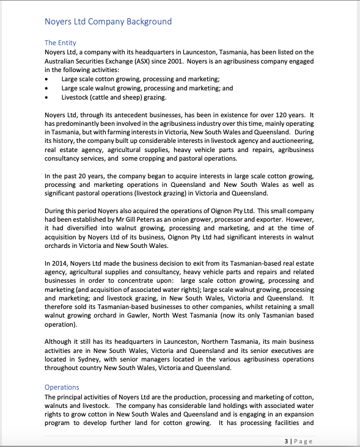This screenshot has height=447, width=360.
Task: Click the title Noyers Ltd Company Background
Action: pos(108,22)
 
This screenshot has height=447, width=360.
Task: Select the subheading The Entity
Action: pos(61,43)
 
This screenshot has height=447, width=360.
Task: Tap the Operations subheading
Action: pos(62,387)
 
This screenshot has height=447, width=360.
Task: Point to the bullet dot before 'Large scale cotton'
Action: pos(48,79)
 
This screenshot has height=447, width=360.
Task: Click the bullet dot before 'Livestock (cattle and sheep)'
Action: pos(48,97)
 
